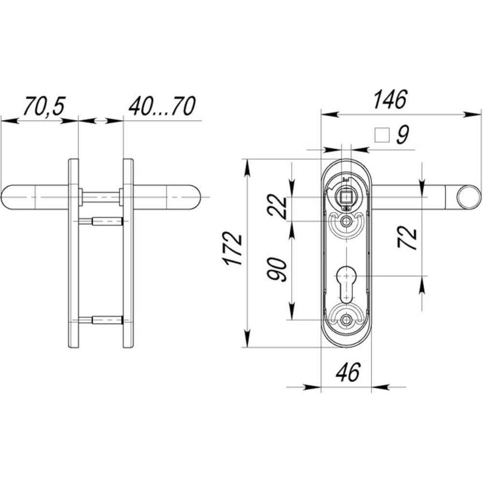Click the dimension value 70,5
(x=44, y=106)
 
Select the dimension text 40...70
(x=162, y=106)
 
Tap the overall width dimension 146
(x=390, y=99)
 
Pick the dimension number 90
(x=277, y=270)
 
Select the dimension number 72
(x=407, y=237)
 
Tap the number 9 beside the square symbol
(x=403, y=135)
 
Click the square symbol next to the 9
(x=382, y=135)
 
